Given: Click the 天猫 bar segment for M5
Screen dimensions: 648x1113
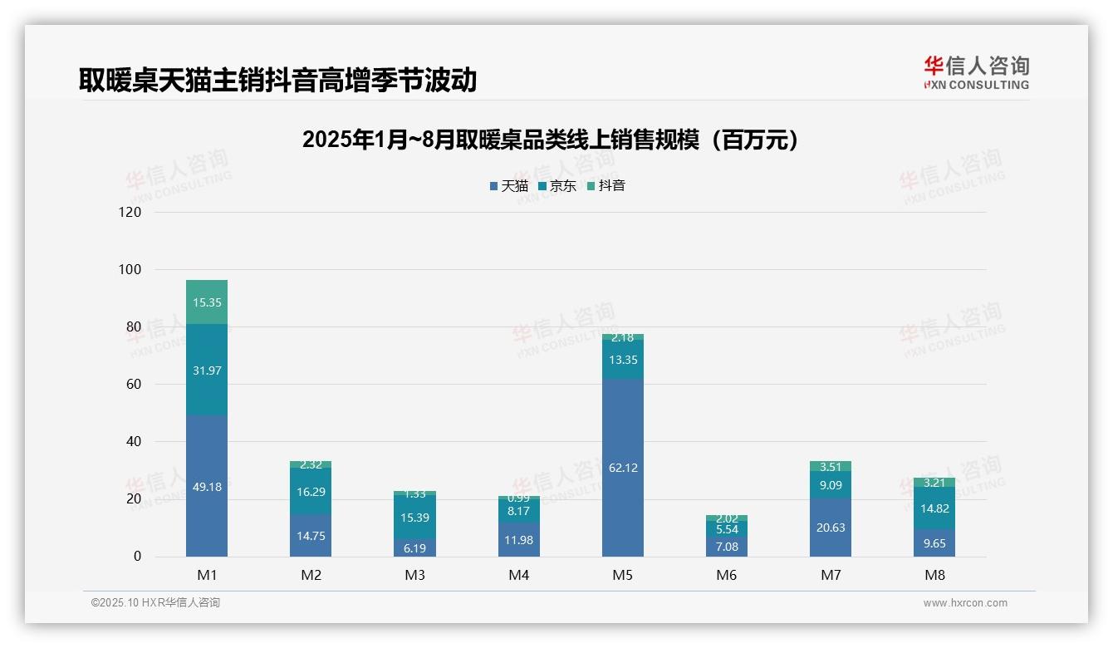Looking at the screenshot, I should tap(622, 468).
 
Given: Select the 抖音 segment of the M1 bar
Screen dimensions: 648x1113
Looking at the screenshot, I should tap(207, 302).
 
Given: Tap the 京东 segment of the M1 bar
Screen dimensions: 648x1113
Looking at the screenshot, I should tap(207, 370).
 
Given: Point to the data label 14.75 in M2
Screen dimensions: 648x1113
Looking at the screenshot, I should tap(311, 536).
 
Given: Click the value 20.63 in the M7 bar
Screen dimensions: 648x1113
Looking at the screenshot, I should tap(830, 528).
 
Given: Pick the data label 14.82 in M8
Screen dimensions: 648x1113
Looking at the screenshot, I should tap(934, 509).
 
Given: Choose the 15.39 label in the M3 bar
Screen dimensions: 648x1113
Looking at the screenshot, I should tap(414, 518).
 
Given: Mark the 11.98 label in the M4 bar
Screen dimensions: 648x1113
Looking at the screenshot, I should tap(518, 541).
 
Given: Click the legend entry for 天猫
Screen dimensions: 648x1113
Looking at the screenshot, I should tap(509, 186).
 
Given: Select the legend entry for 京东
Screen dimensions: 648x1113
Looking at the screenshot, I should tap(557, 186).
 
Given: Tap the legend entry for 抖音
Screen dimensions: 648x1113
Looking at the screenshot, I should tap(606, 186).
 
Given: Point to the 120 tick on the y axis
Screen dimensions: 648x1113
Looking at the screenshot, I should tap(130, 212).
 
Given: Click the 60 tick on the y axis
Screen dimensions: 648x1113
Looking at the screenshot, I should tap(134, 384).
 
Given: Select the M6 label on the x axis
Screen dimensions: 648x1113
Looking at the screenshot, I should tap(726, 575).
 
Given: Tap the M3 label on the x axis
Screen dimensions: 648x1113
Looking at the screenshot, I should tap(414, 575).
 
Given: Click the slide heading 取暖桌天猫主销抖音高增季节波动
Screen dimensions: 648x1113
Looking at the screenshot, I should tap(277, 80).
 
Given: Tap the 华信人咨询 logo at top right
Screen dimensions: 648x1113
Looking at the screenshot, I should tap(976, 72).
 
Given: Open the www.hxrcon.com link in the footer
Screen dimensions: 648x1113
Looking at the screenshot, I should tap(965, 603).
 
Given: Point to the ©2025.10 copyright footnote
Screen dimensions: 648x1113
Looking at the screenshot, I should tap(155, 603).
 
